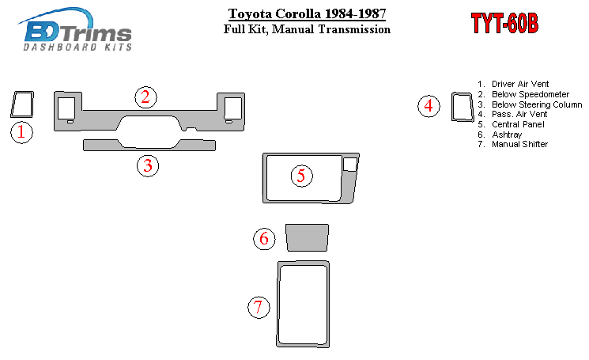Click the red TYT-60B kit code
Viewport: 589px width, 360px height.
click(x=504, y=23)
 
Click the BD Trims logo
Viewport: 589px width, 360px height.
click(x=75, y=29)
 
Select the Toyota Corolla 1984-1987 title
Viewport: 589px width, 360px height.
click(x=307, y=14)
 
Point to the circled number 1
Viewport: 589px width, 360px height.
click(x=22, y=132)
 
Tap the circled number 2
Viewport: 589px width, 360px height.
click(x=145, y=97)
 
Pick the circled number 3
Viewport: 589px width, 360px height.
click(x=148, y=165)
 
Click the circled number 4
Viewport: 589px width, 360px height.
click(x=429, y=106)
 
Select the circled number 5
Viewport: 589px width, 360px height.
click(x=302, y=176)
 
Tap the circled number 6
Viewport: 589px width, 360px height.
click(x=264, y=239)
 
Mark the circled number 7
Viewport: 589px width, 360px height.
click(x=259, y=308)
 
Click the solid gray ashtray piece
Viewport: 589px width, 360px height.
click(x=307, y=238)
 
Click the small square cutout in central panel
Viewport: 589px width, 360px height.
click(x=350, y=165)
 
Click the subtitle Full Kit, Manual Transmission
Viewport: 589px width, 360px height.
click(x=307, y=29)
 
